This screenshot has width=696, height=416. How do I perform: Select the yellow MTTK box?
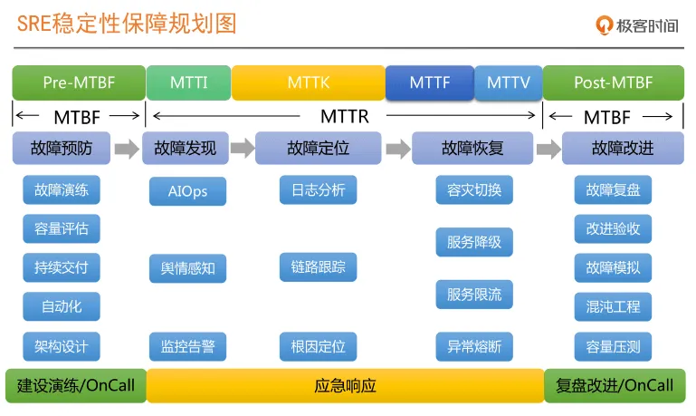[308, 82]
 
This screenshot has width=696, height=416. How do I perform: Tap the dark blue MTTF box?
[429, 82]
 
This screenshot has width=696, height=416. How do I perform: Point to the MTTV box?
[508, 82]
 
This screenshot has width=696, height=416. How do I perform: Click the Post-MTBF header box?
[613, 82]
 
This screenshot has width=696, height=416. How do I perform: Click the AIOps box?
[187, 191]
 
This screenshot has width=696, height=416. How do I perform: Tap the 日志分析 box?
[318, 190]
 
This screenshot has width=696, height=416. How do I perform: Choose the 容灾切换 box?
[474, 190]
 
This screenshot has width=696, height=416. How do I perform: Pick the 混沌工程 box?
[613, 306]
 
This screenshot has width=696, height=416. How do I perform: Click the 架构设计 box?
[62, 346]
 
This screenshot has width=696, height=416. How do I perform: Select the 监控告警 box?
[187, 346]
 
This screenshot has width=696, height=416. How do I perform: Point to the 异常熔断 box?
[474, 346]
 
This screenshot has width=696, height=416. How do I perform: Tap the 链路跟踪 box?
[318, 267]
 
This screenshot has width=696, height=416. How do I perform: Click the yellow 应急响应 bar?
[344, 385]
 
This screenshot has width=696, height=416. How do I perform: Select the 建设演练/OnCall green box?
[74, 385]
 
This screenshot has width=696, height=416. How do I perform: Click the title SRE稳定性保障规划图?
[127, 24]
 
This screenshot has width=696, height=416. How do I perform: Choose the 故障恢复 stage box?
[472, 148]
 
